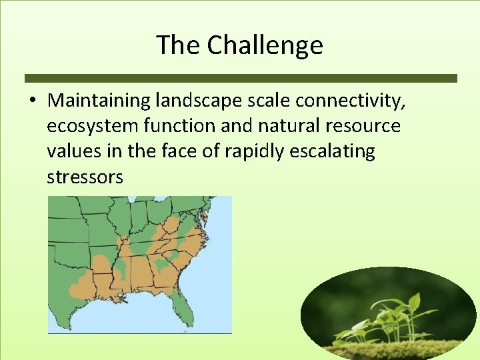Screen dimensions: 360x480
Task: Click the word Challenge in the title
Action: tap(265, 45)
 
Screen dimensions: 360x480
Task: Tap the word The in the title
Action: tap(179, 45)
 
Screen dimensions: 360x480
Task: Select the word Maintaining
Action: tap(99, 101)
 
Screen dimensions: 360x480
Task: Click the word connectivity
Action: tap(351, 101)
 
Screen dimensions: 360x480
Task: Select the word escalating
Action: tap(333, 151)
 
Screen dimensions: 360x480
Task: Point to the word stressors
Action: tap(85, 177)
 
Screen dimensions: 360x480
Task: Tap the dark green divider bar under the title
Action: tap(240, 78)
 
